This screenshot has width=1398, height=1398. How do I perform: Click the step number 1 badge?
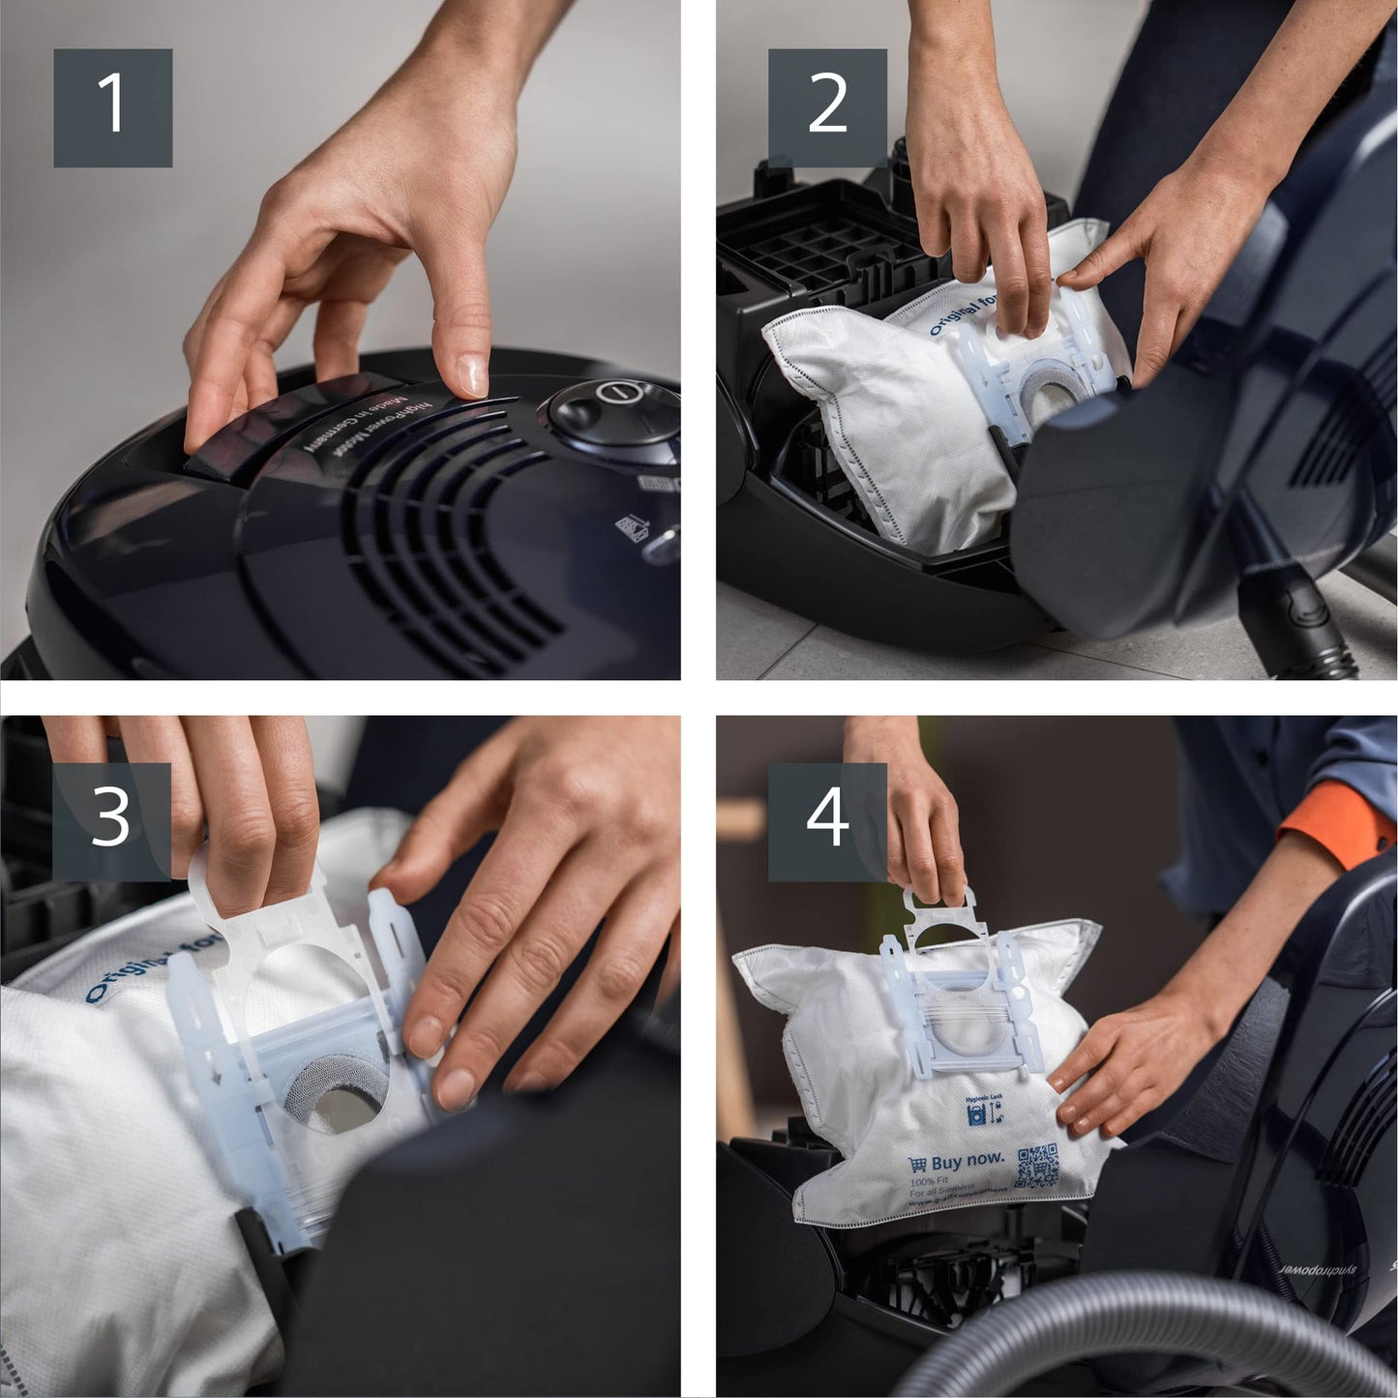112,107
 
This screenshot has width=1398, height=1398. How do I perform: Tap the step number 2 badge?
827,107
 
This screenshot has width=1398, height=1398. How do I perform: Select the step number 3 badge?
112,821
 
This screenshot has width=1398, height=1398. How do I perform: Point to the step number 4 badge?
827,821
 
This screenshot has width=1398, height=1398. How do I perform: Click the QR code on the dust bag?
1036,1167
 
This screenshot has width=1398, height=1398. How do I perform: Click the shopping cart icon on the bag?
917,1165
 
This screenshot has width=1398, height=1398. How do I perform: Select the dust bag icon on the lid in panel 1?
631,526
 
